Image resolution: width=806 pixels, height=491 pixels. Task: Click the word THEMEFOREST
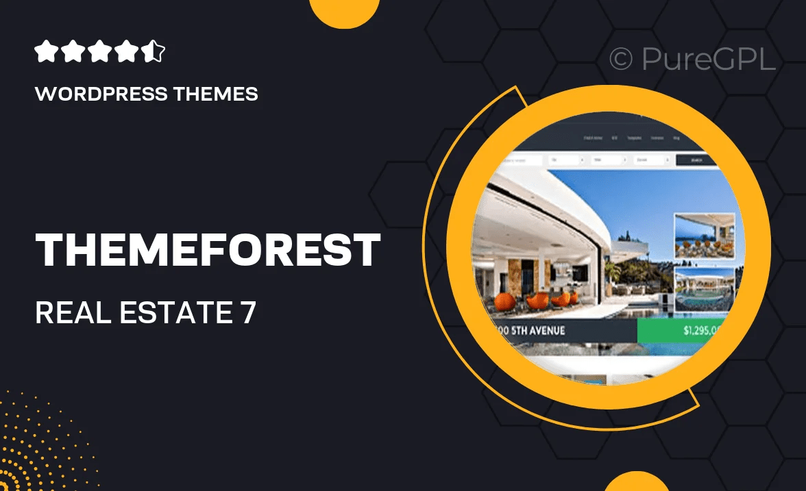[208, 250]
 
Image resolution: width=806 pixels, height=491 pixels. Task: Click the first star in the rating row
[45, 51]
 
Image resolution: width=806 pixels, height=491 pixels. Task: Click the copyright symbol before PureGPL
[621, 60]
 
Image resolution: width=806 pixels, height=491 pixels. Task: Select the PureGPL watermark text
[709, 60]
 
